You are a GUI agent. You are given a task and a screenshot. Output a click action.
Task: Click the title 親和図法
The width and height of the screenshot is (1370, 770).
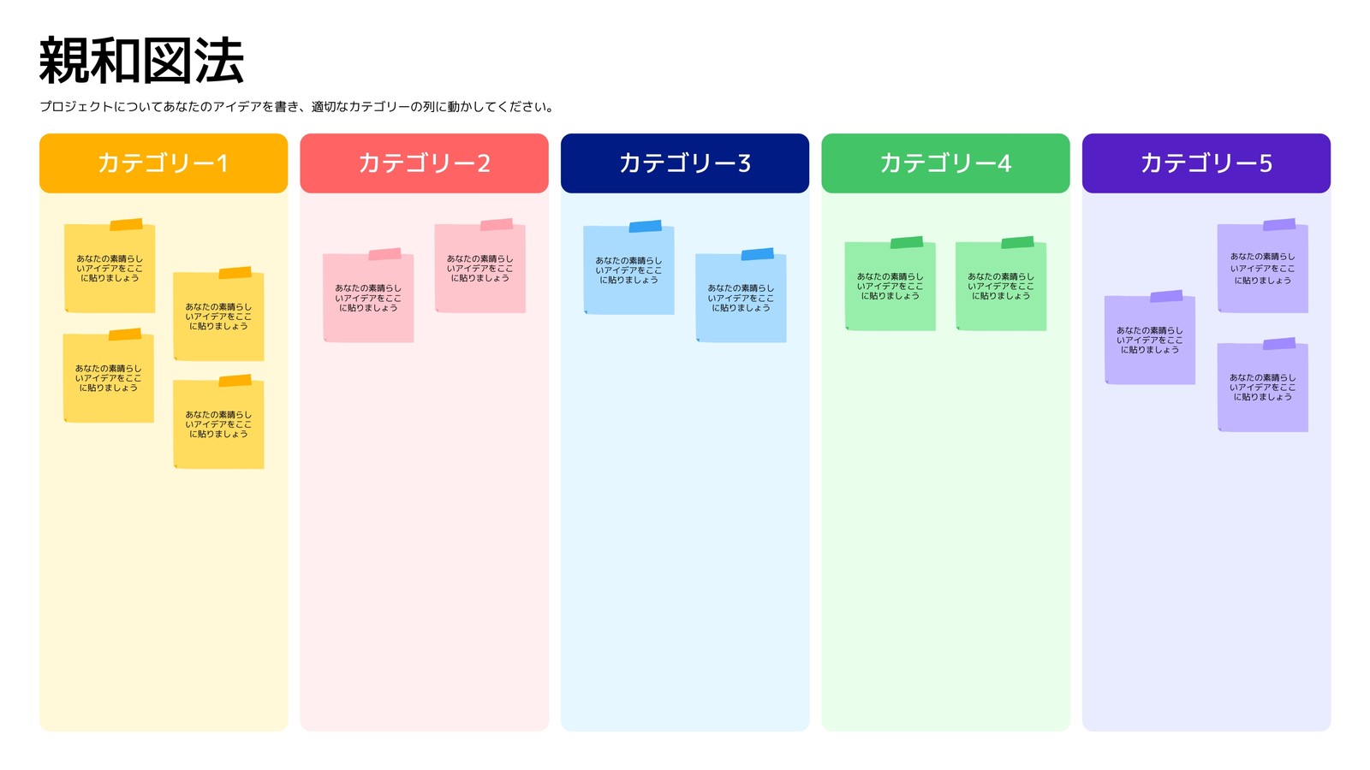pos(142,61)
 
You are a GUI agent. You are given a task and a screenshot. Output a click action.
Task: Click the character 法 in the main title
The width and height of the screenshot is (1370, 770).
pos(219,61)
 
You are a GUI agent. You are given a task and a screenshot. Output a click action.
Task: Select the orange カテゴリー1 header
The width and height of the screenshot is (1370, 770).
pos(164,163)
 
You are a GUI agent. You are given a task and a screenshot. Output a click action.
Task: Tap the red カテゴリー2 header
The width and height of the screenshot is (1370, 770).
pos(424,163)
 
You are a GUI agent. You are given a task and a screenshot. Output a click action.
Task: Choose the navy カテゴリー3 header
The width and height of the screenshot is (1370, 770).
pos(685,163)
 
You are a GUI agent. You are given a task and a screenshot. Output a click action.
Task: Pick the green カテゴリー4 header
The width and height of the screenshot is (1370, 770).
pos(945,163)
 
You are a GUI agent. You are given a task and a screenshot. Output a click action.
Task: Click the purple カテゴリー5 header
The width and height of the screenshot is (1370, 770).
pos(1206,163)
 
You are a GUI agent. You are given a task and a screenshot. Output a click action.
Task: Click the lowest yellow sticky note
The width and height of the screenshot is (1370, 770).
pos(218,423)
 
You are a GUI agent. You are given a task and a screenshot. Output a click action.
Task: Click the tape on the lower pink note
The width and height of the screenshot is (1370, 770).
pos(384,254)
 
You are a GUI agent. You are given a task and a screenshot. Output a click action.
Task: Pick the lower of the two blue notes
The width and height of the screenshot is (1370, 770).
pos(741,296)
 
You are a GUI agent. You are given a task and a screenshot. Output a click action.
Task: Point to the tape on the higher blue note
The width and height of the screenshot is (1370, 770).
pos(646,227)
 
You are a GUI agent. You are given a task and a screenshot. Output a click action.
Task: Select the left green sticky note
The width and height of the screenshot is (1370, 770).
pos(890,284)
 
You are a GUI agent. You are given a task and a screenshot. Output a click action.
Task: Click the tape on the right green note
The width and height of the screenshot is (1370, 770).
pos(1018,243)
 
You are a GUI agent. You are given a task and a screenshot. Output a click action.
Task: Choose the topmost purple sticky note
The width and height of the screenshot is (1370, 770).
pos(1262,266)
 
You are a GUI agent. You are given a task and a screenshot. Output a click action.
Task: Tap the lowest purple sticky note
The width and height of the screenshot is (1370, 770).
pos(1262,386)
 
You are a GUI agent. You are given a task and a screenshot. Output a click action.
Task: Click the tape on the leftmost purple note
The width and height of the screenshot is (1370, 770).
pos(1166,296)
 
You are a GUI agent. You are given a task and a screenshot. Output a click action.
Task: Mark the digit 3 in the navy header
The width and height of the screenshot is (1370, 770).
pos(744,163)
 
